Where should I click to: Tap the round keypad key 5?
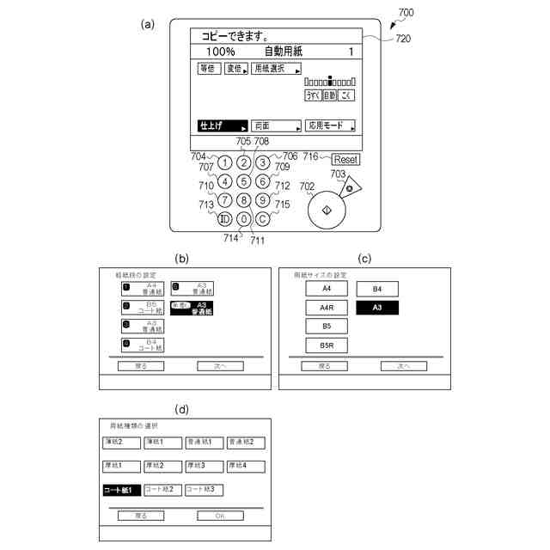pyautogui.click(x=244, y=181)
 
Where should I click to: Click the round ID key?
pyautogui.click(x=224, y=218)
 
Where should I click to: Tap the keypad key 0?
pyautogui.click(x=244, y=218)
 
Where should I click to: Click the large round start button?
pyautogui.click(x=326, y=211)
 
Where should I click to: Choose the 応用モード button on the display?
pyautogui.click(x=330, y=125)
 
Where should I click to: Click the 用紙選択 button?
pyautogui.click(x=276, y=68)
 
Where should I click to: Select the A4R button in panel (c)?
pyautogui.click(x=326, y=308)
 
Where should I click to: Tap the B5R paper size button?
pyautogui.click(x=326, y=345)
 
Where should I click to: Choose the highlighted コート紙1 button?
pyautogui.click(x=120, y=490)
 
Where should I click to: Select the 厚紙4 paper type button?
pyautogui.click(x=245, y=466)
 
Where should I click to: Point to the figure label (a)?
pyautogui.click(x=148, y=25)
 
